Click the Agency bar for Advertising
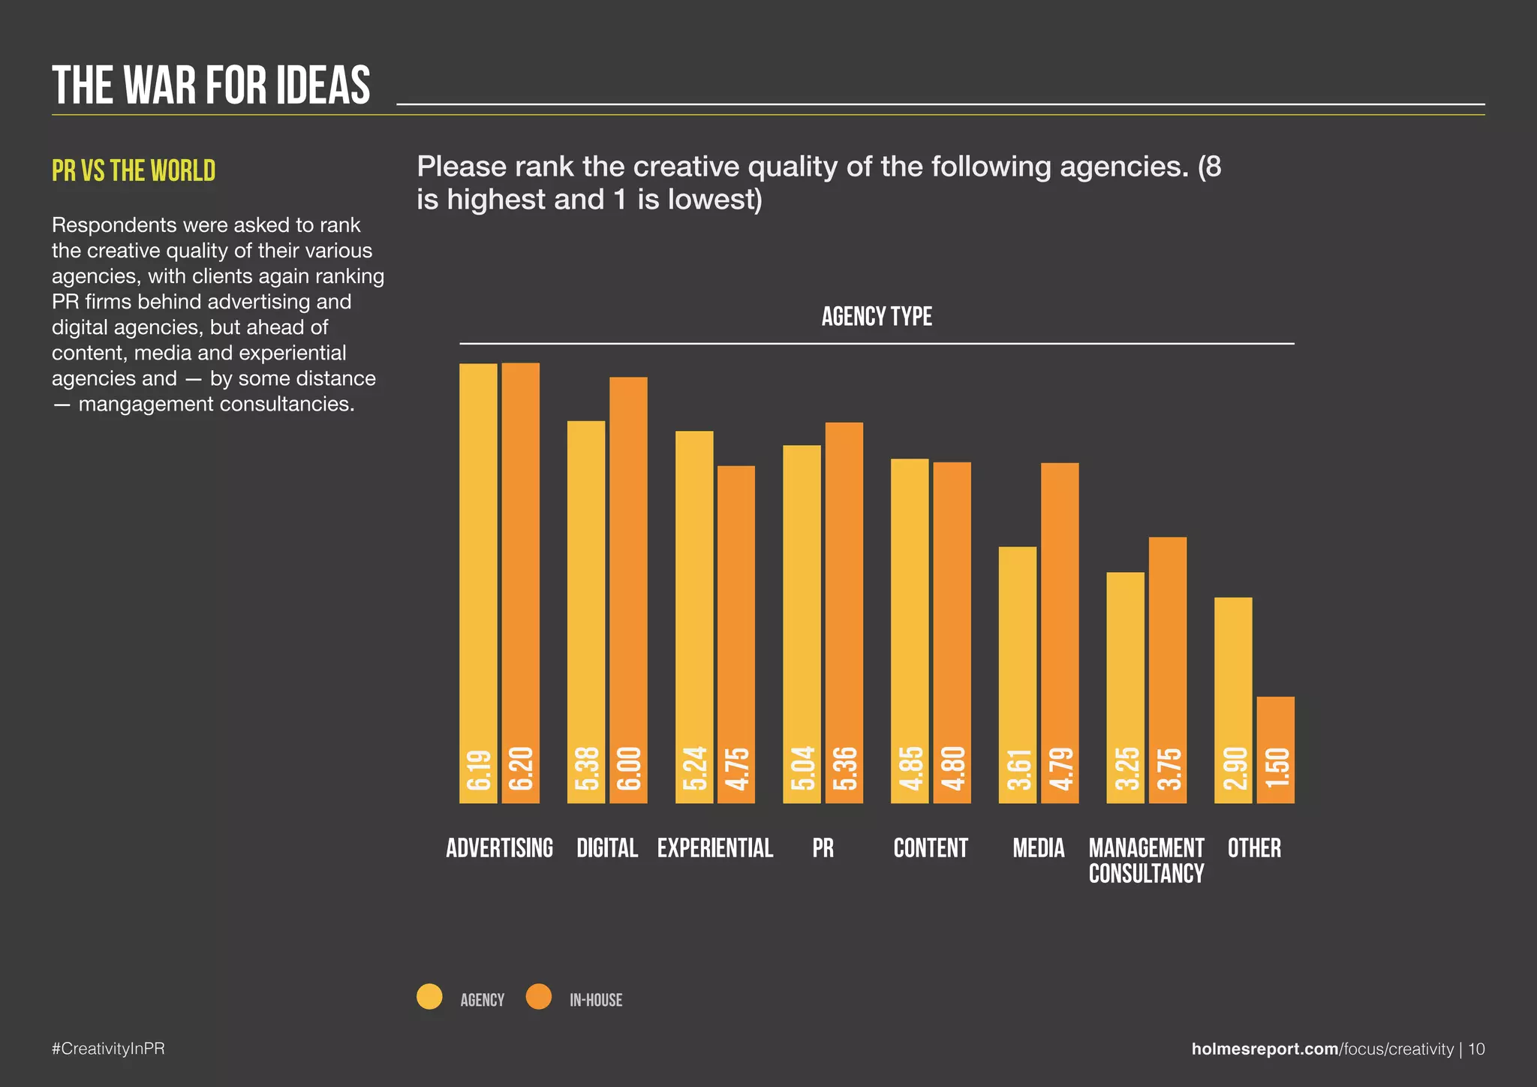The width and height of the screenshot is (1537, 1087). [x=478, y=571]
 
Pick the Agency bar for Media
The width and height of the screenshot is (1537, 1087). [x=1017, y=661]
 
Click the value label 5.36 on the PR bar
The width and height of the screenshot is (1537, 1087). [x=844, y=769]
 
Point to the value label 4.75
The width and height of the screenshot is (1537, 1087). [x=736, y=769]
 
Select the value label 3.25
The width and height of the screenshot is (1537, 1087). [x=1126, y=769]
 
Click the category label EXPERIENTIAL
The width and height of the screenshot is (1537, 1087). [x=714, y=848]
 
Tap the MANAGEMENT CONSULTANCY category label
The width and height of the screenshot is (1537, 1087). [x=1146, y=861]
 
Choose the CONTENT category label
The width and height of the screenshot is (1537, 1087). [x=931, y=848]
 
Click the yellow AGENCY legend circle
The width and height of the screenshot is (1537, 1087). [x=429, y=997]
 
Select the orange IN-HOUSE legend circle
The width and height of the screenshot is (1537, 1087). [x=539, y=997]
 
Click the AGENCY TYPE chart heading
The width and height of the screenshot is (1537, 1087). [x=877, y=317]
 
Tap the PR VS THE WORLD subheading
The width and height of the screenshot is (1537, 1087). [x=134, y=171]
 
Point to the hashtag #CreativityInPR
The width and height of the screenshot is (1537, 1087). [x=108, y=1049]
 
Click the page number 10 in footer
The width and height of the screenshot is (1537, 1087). [x=1476, y=1049]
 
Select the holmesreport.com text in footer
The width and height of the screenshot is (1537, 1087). [x=1265, y=1049]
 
